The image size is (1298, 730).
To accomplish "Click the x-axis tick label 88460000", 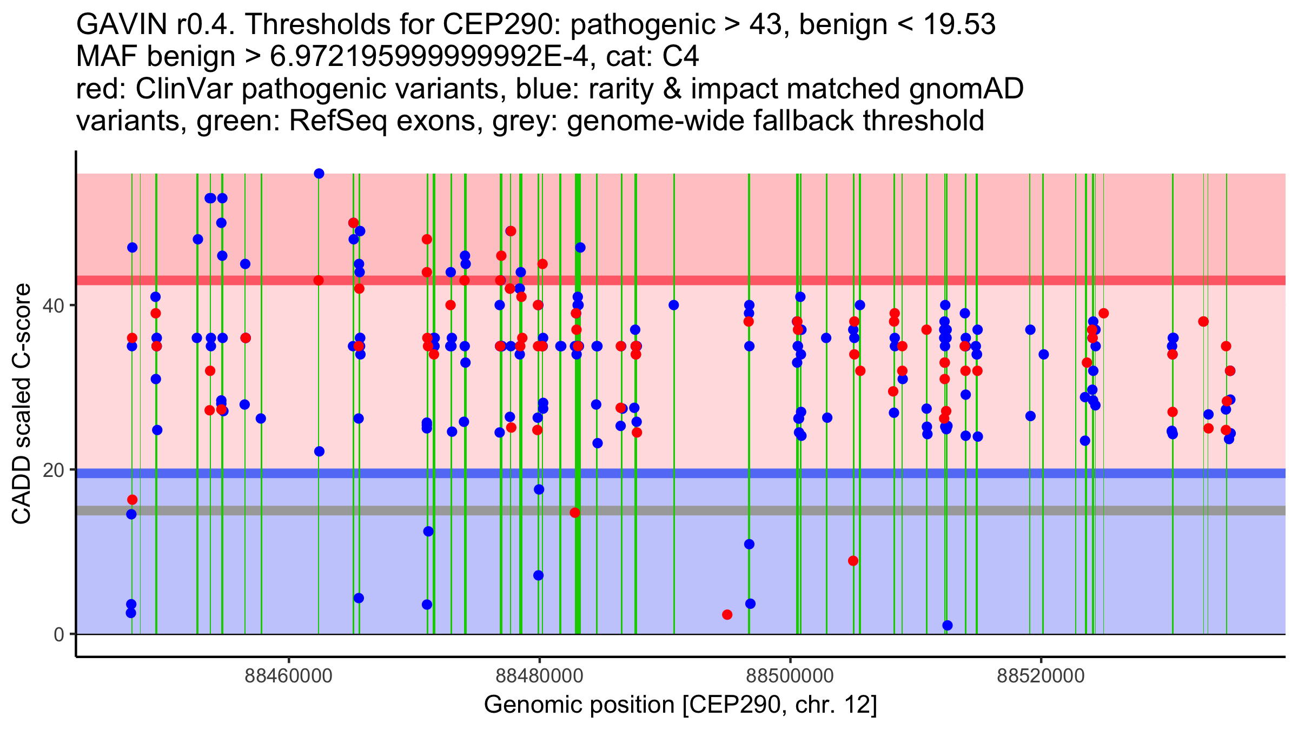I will (288, 676).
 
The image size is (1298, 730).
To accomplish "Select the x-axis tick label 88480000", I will (539, 676).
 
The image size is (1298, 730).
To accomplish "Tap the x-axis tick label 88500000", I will (790, 676).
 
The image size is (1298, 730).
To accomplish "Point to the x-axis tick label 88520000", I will (1041, 676).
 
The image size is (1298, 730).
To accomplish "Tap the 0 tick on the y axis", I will (59, 634).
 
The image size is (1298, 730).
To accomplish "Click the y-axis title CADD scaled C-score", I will (22, 404).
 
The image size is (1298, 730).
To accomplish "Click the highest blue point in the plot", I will (319, 174).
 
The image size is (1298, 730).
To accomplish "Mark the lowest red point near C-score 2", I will (727, 615).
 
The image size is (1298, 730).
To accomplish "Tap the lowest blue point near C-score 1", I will (948, 626).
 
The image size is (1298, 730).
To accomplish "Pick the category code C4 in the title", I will (680, 56).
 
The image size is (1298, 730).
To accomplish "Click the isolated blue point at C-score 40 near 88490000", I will (673, 306).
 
